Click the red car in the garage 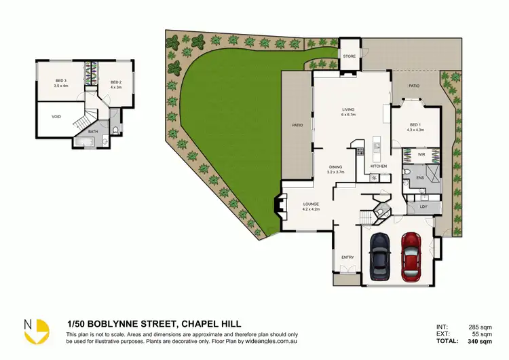(x=411, y=257)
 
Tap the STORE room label (x=349, y=56)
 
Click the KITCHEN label (x=378, y=166)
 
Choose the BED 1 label (x=415, y=124)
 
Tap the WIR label (x=421, y=155)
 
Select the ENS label (x=419, y=178)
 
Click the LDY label (x=423, y=206)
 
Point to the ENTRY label (x=347, y=257)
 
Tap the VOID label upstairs (x=56, y=116)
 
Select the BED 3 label (x=60, y=81)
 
